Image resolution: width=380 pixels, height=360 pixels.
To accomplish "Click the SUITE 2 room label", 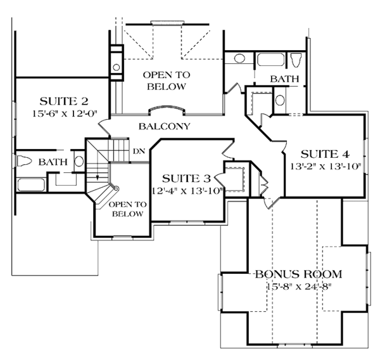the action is tap(64, 101).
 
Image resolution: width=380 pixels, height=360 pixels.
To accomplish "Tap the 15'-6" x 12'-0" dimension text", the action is tap(65, 113).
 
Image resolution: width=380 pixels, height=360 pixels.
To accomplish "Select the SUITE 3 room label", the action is tap(186, 178).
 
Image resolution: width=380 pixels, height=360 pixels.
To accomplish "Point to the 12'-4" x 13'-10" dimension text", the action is tap(187, 191).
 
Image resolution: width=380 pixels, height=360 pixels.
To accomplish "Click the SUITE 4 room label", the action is tap(325, 154).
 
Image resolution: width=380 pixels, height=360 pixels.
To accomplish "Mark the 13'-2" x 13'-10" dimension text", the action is tap(326, 167).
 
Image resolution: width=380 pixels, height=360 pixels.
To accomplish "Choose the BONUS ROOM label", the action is tap(298, 274).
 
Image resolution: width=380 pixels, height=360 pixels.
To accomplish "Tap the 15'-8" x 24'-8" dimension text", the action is tap(299, 286).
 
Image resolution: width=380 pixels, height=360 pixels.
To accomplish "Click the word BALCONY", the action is tap(164, 126).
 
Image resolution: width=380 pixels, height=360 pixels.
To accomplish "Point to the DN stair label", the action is tap(139, 151).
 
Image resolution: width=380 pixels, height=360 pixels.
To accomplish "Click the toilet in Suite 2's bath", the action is tap(24, 161).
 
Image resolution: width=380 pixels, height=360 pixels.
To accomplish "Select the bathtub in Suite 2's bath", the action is tap(31, 185).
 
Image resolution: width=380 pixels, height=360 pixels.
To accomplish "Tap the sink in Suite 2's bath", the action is tap(79, 162).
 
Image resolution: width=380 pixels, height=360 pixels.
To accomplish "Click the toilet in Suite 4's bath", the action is tap(296, 60).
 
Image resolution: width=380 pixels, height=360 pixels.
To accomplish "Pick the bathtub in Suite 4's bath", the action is tap(270, 60).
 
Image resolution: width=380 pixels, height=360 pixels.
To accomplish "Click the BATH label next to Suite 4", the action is tap(284, 79).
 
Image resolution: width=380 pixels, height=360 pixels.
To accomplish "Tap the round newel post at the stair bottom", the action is tap(117, 188).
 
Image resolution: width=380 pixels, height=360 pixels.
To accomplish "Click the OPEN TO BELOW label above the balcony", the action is tap(167, 80).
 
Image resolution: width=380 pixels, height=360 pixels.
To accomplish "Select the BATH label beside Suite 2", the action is tap(53, 162).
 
